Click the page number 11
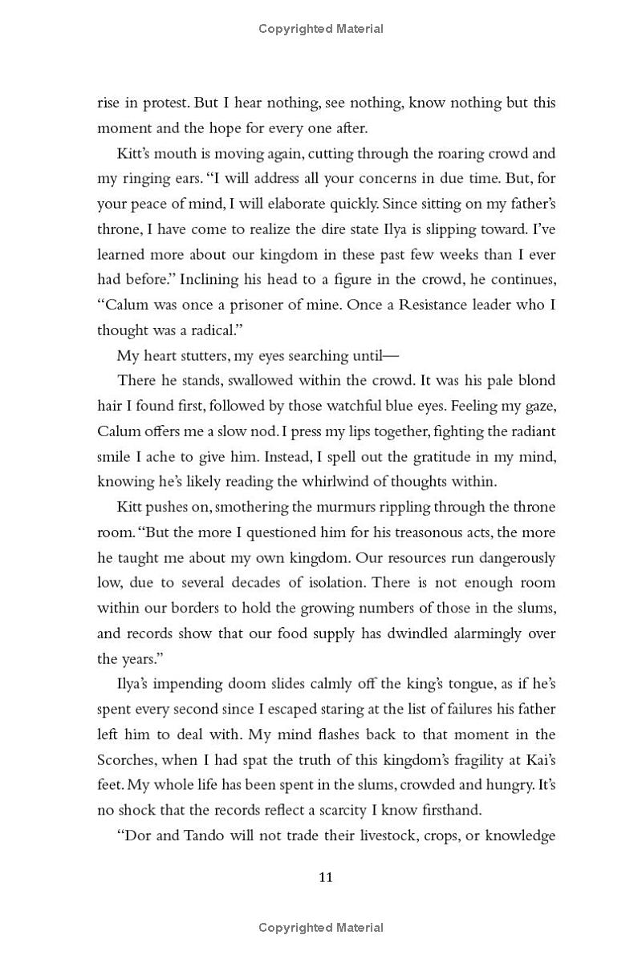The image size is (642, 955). pyautogui.click(x=325, y=877)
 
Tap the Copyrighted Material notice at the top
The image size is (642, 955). pyautogui.click(x=321, y=29)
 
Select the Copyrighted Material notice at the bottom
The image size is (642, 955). pyautogui.click(x=321, y=928)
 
